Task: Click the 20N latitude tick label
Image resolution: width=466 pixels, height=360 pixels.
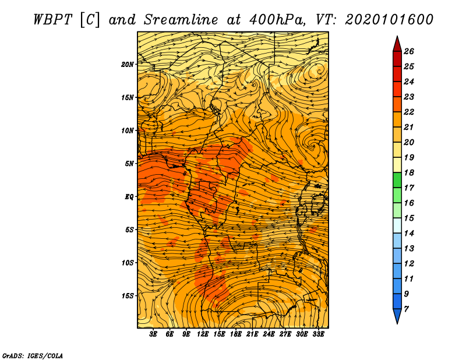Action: [x=127, y=64]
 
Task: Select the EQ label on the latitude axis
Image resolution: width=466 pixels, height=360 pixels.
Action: [x=129, y=196]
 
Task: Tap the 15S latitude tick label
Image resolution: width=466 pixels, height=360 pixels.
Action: [x=127, y=296]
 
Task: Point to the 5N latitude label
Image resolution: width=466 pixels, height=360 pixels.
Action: [x=129, y=164]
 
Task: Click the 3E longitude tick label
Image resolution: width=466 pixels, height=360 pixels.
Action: [x=153, y=334]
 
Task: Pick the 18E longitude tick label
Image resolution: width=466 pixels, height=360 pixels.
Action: [x=236, y=334]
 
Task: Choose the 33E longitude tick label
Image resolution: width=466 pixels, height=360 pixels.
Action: [x=318, y=334]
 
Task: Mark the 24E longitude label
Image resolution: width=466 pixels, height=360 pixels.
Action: [x=269, y=334]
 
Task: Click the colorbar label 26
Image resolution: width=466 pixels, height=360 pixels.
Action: [x=409, y=51]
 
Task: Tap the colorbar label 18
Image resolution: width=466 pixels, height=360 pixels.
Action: [x=409, y=172]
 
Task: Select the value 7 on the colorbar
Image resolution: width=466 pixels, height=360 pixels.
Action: [x=406, y=309]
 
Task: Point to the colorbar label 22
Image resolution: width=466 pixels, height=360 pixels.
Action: [x=409, y=112]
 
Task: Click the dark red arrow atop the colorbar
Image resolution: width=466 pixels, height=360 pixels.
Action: [x=397, y=45]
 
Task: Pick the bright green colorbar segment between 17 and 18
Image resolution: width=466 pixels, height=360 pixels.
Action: [x=397, y=180]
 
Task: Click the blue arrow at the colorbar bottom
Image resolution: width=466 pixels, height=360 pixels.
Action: [x=397, y=316]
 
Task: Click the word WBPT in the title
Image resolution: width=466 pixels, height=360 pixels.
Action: [x=53, y=20]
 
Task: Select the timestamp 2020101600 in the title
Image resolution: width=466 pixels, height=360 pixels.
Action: [x=389, y=20]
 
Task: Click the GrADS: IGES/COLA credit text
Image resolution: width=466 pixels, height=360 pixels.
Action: [x=33, y=356]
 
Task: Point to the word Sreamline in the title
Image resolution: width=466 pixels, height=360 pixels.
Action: [x=181, y=20]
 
